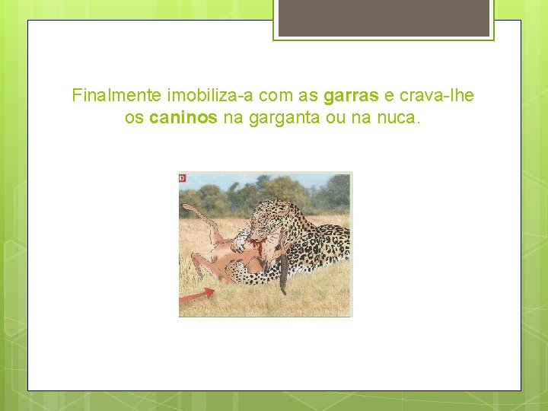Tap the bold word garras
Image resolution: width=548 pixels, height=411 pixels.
[x=351, y=96]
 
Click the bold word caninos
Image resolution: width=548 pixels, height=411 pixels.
[x=183, y=119]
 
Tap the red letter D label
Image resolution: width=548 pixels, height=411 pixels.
[x=183, y=178]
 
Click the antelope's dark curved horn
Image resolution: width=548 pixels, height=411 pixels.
[x=284, y=270]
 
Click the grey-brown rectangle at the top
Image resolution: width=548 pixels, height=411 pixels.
[x=384, y=17]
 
